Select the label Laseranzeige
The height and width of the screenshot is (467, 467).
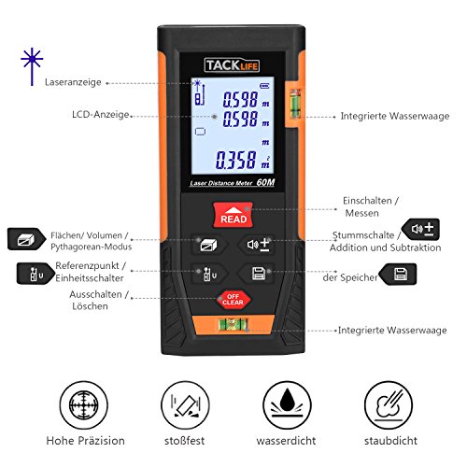pyautogui.click(x=73, y=82)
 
